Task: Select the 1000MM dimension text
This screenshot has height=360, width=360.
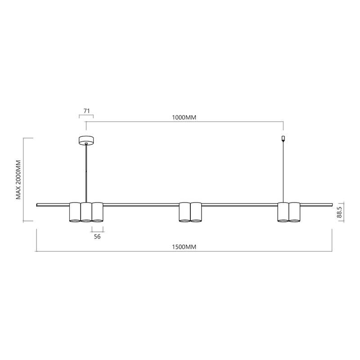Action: (184, 117)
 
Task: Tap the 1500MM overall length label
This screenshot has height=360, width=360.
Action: (184, 247)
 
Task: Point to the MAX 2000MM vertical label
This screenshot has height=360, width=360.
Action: (19, 179)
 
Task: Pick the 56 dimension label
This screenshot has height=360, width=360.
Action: (97, 236)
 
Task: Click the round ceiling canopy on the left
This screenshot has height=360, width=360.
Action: (86, 140)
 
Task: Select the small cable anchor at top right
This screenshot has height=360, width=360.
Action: (283, 138)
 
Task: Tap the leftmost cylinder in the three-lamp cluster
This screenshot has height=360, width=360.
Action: (75, 212)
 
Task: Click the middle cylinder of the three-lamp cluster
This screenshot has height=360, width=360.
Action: (86, 212)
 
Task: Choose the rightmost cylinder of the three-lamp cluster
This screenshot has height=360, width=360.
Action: (97, 212)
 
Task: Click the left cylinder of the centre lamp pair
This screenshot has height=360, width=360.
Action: (184, 212)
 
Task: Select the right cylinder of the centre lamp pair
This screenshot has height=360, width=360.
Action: (196, 212)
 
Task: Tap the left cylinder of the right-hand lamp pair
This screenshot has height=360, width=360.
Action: (283, 212)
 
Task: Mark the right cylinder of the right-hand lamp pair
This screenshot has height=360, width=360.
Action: (294, 212)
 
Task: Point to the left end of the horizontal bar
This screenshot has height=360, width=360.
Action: (38, 205)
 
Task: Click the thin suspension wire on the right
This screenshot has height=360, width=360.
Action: (283, 171)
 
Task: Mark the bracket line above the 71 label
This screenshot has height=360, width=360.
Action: (86, 115)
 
